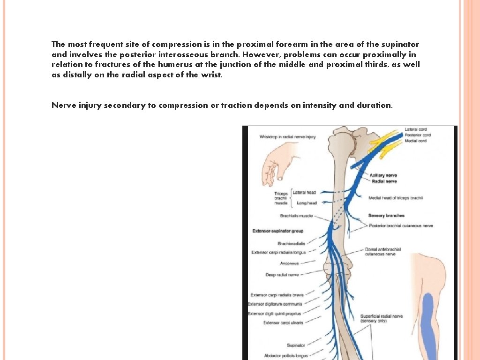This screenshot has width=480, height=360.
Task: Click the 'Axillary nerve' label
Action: click(x=383, y=175)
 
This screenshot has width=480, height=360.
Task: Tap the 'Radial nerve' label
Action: click(x=384, y=181)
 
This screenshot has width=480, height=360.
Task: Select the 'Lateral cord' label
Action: click(x=415, y=129)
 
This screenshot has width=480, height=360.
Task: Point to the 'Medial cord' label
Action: click(x=415, y=141)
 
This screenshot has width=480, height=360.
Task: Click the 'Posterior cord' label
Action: click(x=417, y=135)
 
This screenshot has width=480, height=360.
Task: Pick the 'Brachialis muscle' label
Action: click(x=296, y=216)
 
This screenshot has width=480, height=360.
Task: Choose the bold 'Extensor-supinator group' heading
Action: click(x=277, y=231)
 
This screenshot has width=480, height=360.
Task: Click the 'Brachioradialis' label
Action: click(x=291, y=243)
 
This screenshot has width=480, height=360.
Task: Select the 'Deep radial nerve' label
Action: click(x=282, y=275)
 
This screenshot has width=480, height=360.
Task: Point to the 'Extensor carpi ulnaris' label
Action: click(x=283, y=322)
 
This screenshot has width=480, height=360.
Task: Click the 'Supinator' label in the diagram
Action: click(x=296, y=345)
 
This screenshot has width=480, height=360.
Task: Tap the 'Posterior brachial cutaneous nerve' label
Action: click(x=400, y=226)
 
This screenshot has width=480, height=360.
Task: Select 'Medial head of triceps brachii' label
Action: click(x=395, y=198)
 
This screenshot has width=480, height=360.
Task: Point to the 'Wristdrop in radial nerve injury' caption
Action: click(x=287, y=137)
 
